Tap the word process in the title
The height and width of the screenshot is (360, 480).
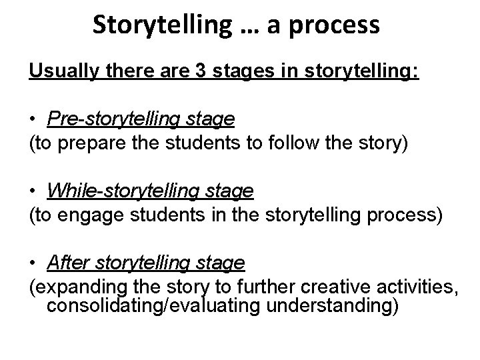tap(341, 26)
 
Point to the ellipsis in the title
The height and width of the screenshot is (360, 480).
tap(251, 30)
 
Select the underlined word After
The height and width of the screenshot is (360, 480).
tap(65, 264)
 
